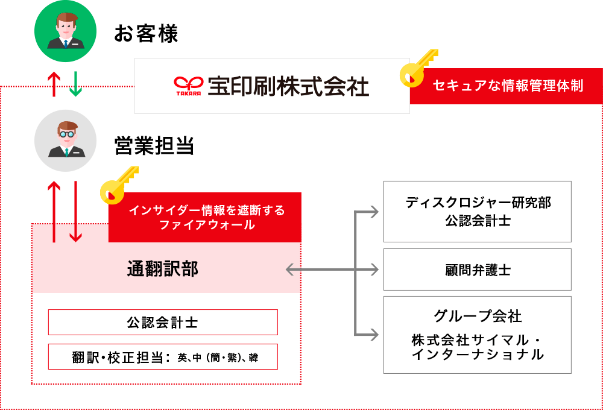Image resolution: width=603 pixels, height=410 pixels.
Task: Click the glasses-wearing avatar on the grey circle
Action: [x=65, y=140]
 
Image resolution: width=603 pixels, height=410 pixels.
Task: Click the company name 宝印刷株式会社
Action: [x=288, y=86]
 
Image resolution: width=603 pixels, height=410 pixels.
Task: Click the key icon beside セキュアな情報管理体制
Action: [x=418, y=66]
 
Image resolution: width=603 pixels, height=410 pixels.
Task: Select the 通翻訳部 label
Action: [x=163, y=269]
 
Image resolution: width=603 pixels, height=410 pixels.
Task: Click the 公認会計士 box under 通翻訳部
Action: [x=163, y=323]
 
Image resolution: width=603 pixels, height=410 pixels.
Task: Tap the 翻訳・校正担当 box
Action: [x=163, y=357]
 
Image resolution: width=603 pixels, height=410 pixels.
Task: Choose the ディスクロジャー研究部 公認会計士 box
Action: [x=478, y=212]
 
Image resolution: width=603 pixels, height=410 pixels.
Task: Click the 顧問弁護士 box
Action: [x=478, y=270]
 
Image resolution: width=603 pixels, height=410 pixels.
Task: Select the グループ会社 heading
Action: [x=478, y=315]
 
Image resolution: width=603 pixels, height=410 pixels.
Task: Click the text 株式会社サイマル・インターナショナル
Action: [x=478, y=347]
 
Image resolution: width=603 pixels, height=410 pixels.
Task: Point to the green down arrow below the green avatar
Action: [x=75, y=84]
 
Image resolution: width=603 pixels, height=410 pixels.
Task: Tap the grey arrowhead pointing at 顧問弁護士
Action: [x=374, y=270]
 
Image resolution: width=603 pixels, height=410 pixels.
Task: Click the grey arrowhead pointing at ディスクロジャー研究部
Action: [x=374, y=212]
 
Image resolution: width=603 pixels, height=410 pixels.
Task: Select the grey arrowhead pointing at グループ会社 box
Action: [x=374, y=334]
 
